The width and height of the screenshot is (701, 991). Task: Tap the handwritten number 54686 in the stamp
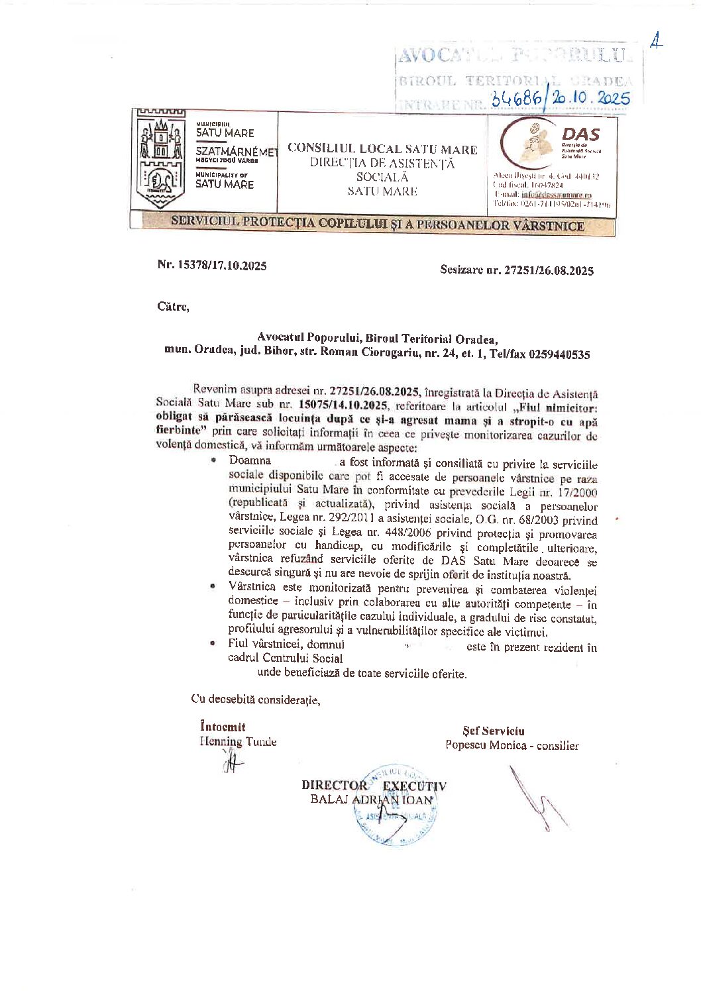coord(516,99)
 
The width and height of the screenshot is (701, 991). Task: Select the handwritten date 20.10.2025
coord(590,98)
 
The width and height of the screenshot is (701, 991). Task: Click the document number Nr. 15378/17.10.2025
coord(212,265)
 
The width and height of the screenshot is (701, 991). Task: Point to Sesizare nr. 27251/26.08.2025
coord(517,270)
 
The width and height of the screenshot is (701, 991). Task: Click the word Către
coord(173,307)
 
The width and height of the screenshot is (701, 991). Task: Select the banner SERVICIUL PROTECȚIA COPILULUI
coord(377,224)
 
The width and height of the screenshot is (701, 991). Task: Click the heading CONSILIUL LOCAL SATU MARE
coord(382,149)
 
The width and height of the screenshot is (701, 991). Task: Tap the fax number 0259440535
coord(559,354)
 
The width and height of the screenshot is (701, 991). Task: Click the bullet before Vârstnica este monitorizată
coord(213,587)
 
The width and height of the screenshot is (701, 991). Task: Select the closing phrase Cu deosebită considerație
coord(256,700)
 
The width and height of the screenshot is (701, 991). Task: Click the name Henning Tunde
coord(239,742)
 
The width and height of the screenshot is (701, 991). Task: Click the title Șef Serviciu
coord(494,731)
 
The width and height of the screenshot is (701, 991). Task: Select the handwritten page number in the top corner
coord(656,42)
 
